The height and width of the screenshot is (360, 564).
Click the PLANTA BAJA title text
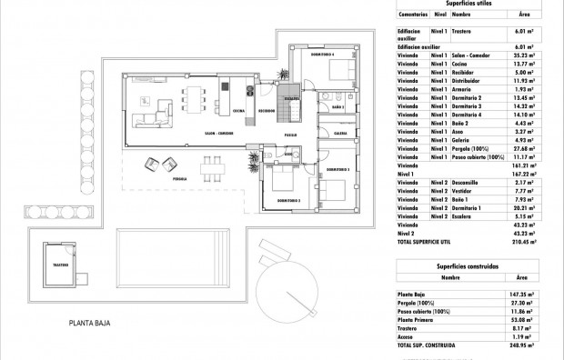95,323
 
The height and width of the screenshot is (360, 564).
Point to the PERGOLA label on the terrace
182,179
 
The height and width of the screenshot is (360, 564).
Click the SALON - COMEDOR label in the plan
218,134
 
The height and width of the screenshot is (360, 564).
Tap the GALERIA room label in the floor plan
340,132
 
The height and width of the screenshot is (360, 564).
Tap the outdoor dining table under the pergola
212,165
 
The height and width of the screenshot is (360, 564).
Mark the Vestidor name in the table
465,191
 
